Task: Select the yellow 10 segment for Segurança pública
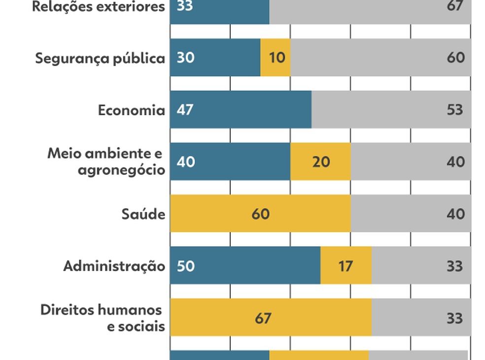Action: [x=276, y=58]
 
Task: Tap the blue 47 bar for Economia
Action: [x=241, y=109]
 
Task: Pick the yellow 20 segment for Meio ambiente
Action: [x=320, y=162]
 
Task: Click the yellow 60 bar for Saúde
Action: [x=260, y=214]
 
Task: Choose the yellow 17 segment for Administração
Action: [x=346, y=266]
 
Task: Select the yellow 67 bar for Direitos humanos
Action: [x=271, y=318]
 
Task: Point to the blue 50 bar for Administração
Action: [x=245, y=266]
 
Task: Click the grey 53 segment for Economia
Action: [x=391, y=109]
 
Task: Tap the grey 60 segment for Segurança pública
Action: [x=381, y=58]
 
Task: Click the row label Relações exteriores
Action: [x=98, y=7]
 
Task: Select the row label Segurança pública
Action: [x=100, y=59]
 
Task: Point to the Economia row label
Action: [x=131, y=110]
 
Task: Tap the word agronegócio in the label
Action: [x=121, y=170]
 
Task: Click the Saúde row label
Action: [x=143, y=214]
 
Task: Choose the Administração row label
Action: [x=114, y=266]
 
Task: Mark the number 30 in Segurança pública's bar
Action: [x=185, y=58]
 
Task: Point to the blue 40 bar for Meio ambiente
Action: [x=230, y=162]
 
